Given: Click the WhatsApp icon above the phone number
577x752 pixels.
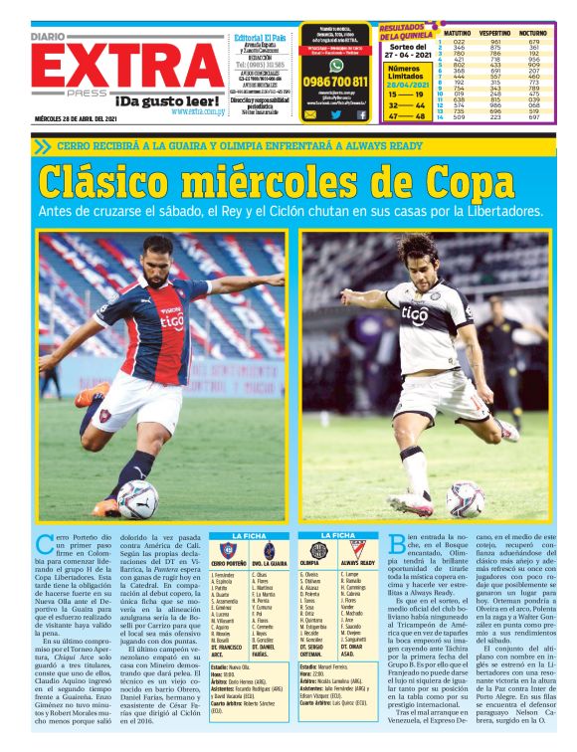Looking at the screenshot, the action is pyautogui.click(x=335, y=64).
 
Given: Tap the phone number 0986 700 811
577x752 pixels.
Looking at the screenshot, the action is pyautogui.click(x=335, y=82).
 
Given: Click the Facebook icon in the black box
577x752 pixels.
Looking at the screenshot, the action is pyautogui.click(x=361, y=114).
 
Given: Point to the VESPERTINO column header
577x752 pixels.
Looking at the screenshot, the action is pyautogui.click(x=494, y=33).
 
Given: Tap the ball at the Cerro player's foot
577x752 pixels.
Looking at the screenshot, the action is pyautogui.click(x=137, y=497).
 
